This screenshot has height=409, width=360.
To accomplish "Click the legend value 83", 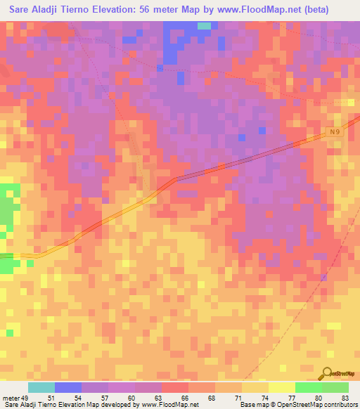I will pos(345,397).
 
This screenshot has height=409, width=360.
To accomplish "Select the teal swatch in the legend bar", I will pos(41,387).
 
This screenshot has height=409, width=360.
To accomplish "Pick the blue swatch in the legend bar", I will pos(68,387).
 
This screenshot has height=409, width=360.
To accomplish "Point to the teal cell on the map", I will pos(204,26).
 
